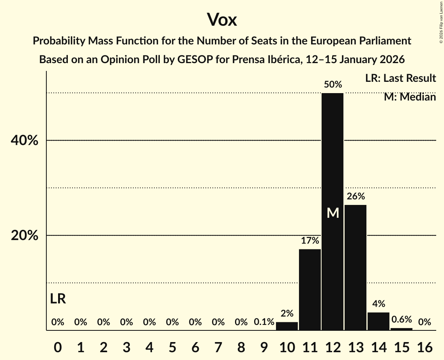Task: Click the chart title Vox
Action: coord(221,19)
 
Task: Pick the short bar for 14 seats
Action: coord(379,321)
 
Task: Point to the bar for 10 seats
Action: coord(287,326)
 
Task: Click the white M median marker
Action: coord(333,213)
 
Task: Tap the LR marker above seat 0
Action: coord(58,299)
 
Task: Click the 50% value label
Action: coord(333,85)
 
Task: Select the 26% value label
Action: coord(356,196)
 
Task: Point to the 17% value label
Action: coord(310,241)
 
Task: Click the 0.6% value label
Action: coord(402,319)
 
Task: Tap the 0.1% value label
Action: coord(264,322)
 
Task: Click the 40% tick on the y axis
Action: coord(24,141)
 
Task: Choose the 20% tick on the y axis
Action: coord(24,236)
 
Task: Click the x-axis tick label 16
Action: coord(425,346)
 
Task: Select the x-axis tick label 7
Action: coord(218,346)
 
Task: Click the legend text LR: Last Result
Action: coord(400,78)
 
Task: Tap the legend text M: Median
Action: coord(410,97)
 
